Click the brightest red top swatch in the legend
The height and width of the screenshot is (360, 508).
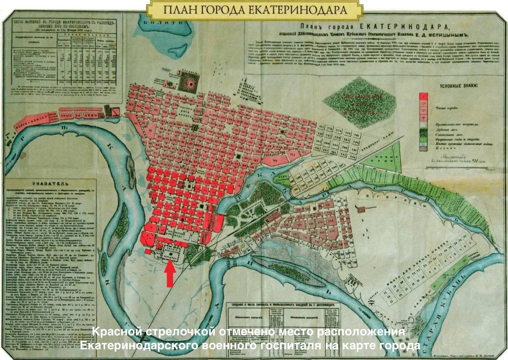pos(424,97)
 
